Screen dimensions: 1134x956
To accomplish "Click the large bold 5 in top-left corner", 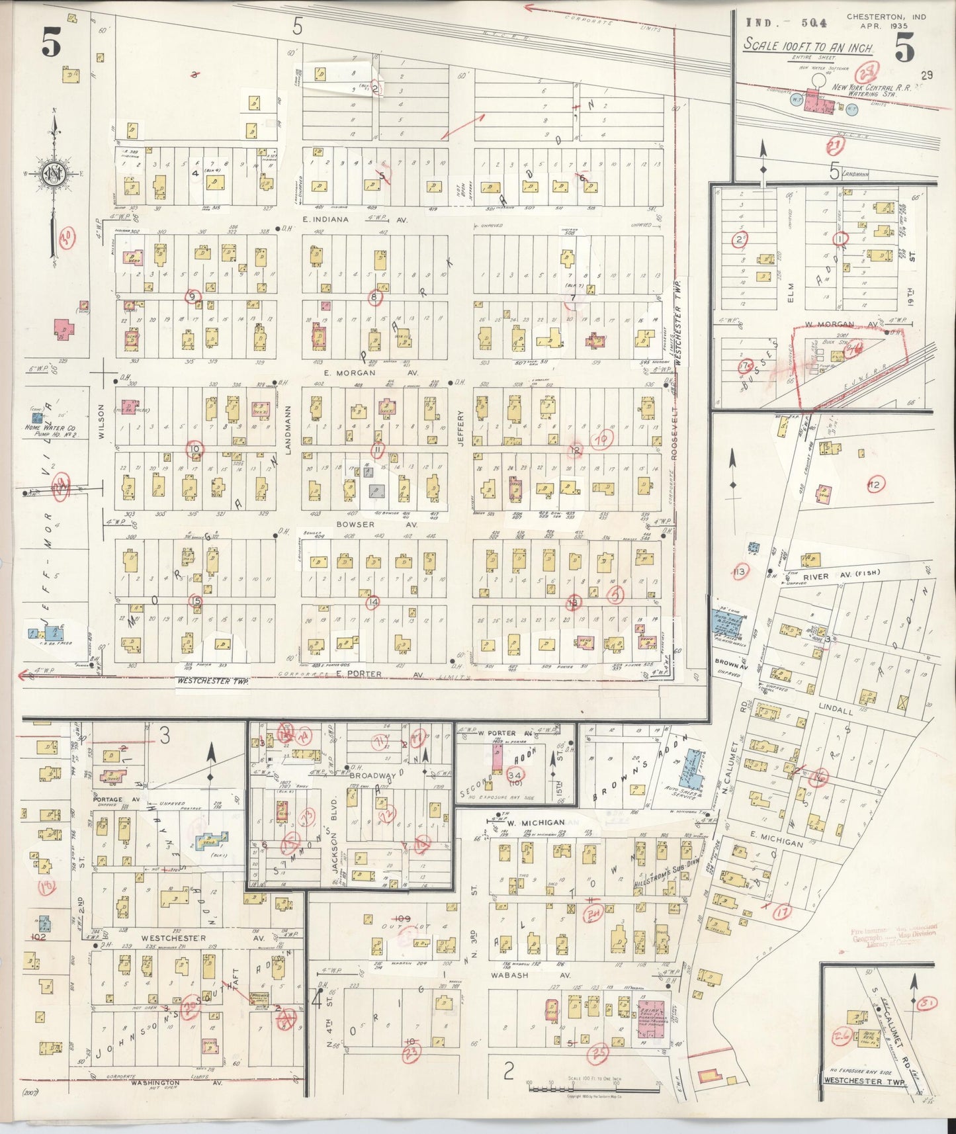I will (x=51, y=45).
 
